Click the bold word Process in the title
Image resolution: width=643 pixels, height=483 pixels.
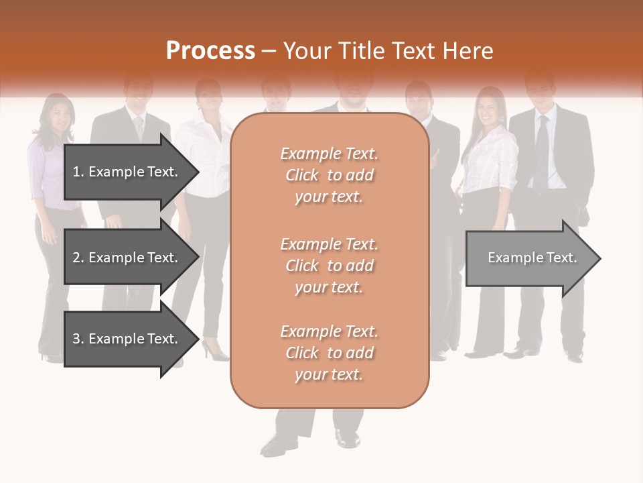(x=210, y=51)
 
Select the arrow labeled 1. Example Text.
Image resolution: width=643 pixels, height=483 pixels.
(x=131, y=172)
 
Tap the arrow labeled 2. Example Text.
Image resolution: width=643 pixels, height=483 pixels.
(x=131, y=258)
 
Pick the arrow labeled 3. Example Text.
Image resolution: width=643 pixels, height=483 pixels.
(x=131, y=339)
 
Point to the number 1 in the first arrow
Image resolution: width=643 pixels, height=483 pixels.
(x=76, y=172)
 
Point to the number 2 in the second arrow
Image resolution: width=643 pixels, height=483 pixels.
(x=76, y=258)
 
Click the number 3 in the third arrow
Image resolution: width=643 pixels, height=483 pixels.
(x=76, y=339)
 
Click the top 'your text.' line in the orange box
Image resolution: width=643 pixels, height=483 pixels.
(x=329, y=197)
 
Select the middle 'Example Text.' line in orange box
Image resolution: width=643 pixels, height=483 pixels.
(x=329, y=244)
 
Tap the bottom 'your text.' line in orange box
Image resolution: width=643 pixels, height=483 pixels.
(x=329, y=375)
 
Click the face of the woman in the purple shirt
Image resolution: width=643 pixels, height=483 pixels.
(x=60, y=119)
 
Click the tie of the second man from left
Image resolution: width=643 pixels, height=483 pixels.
(x=139, y=127)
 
